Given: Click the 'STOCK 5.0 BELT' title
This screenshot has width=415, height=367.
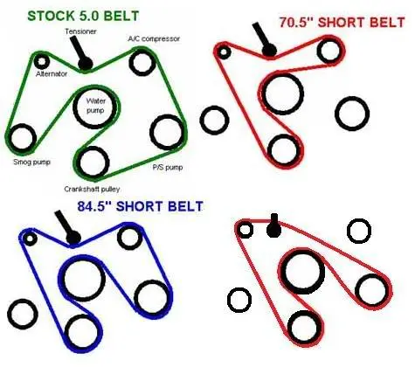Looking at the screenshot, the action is coord(83,16).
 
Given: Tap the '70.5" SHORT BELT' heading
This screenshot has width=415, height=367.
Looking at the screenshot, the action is coord(342,23).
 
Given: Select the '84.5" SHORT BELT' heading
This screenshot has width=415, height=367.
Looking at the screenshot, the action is coord(140,206).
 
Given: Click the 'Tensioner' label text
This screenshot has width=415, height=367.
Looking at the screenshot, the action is coord(80,31).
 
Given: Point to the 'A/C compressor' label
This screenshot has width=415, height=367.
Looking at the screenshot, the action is coord(154,38).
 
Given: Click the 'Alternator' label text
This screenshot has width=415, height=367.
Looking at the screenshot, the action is coord(52,74).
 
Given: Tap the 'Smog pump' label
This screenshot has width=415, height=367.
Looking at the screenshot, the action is coord(31,162).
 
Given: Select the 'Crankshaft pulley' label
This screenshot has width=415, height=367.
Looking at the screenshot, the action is coord(92,189).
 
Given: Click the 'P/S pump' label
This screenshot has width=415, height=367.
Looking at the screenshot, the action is coord(168,167).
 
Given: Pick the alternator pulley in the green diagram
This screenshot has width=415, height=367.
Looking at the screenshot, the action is coord(41,61).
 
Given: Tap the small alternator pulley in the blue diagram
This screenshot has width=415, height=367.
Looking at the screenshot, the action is coord(30,239).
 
